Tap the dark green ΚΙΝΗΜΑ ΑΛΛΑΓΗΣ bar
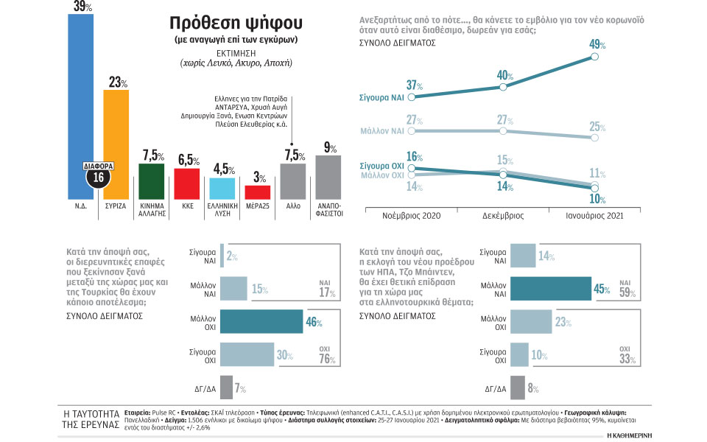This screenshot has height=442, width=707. pyautogui.click(x=151, y=180)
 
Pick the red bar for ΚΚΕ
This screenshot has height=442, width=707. pyautogui.click(x=186, y=183)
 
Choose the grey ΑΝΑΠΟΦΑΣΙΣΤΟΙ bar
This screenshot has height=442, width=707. pyautogui.click(x=328, y=177)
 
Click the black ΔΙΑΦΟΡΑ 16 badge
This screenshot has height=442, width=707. pyautogui.click(x=97, y=175)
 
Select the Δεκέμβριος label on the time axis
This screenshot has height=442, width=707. pyautogui.click(x=504, y=217)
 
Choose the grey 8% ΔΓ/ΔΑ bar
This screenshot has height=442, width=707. pyautogui.click(x=516, y=387)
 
